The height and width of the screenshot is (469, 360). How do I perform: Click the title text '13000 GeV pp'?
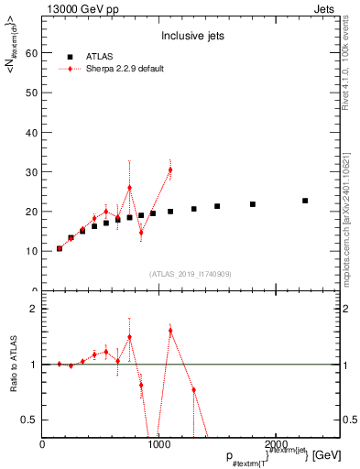[x=74, y=8]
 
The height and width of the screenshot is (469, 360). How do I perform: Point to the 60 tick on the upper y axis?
[x=33, y=53]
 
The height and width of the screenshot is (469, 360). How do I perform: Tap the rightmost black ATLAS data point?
[x=305, y=201]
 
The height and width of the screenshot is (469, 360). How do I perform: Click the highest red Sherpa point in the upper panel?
[x=170, y=169]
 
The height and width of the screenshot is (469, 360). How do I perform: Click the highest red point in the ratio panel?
[x=170, y=330]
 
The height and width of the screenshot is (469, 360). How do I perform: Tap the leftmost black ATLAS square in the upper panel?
[x=60, y=248]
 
